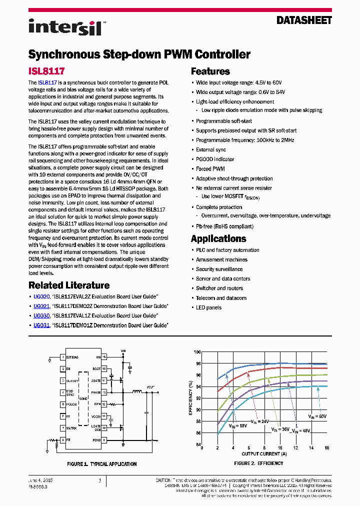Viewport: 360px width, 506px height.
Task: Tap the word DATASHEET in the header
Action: (304, 20)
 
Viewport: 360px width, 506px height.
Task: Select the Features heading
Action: (210, 71)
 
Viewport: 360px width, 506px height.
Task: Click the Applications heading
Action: (218, 238)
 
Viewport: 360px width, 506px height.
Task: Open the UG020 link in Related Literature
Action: (41, 296)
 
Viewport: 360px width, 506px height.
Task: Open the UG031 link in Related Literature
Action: (41, 325)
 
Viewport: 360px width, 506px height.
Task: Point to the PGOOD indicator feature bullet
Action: (215, 159)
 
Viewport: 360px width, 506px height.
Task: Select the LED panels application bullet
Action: (208, 307)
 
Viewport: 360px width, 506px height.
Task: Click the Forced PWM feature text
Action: (210, 169)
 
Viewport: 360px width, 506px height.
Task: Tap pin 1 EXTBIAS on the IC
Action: (71, 357)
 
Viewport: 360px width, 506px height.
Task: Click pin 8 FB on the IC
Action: (65, 440)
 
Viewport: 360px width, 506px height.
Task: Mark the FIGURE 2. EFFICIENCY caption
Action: (258, 463)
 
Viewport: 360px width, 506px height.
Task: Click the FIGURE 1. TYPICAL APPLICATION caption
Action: (101, 464)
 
